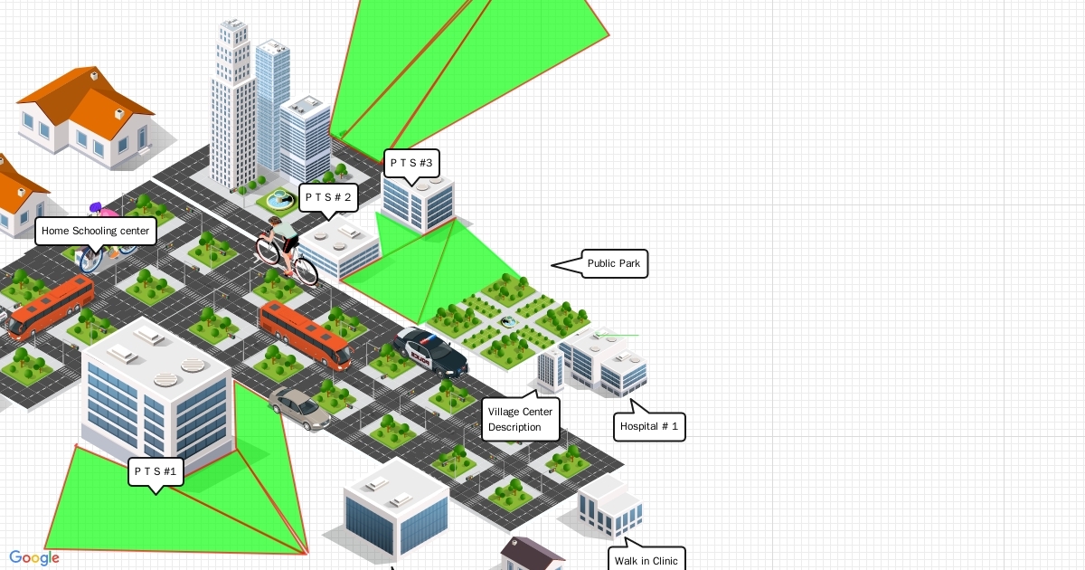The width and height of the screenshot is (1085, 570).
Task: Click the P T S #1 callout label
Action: click(156, 471)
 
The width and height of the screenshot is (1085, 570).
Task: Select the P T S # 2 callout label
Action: click(328, 197)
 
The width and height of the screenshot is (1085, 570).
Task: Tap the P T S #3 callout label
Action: click(411, 164)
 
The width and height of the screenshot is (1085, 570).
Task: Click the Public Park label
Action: click(614, 264)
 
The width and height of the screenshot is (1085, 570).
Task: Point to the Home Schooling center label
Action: click(95, 231)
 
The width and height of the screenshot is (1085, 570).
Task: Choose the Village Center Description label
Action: click(520, 419)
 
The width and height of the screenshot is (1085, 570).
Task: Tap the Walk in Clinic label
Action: click(646, 560)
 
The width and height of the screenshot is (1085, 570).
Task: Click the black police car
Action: click(430, 351)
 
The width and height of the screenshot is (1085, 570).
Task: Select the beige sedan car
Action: click(300, 409)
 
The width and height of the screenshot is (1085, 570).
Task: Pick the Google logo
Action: click(34, 558)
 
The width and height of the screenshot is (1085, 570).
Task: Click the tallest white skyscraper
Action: click(231, 104)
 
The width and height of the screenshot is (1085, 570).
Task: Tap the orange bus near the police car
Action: click(305, 334)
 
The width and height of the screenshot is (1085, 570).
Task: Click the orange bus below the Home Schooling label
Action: click(51, 307)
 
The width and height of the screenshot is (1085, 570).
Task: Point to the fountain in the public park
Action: click(509, 320)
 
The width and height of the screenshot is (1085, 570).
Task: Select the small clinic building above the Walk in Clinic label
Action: click(611, 507)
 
